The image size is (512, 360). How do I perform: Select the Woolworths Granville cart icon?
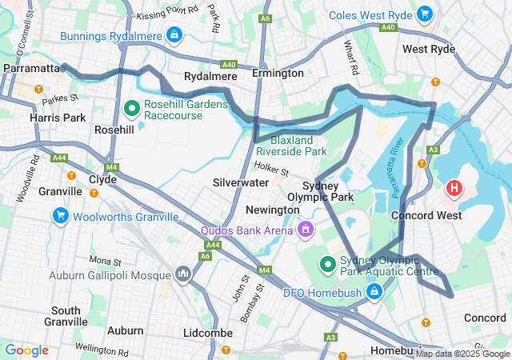tap(60, 216)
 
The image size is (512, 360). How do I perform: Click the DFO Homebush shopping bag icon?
tap(372, 293)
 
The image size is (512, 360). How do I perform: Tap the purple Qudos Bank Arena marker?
tap(304, 230)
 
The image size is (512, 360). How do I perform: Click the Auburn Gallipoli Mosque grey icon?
tap(184, 274)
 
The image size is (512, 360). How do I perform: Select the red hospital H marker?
tap(454, 189)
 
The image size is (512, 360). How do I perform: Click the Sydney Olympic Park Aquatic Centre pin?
tap(327, 263)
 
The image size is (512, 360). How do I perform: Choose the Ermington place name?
tap(278, 73)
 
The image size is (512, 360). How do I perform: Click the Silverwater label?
tap(241, 182)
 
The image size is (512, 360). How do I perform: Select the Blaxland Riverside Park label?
tap(291, 144)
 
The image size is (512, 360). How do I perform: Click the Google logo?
tap(27, 350)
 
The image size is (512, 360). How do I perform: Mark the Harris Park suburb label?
tap(34, 118)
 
